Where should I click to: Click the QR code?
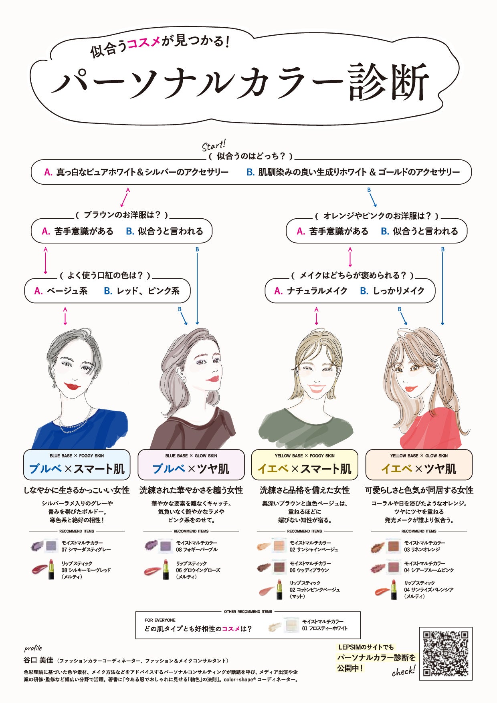(445, 653)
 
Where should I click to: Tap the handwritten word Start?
(214, 145)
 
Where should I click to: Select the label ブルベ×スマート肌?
(77, 469)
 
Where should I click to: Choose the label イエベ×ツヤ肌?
(418, 469)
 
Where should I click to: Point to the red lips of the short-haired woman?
(72, 386)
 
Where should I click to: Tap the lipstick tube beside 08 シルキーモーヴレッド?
(51, 569)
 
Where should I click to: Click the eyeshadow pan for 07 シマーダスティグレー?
(51, 545)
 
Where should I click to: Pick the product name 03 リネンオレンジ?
(422, 550)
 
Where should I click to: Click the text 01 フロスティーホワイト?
(325, 628)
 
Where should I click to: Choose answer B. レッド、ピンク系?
(141, 291)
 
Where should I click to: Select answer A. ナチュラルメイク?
(311, 291)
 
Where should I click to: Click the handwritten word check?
(403, 671)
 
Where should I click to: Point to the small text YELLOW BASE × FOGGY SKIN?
(305, 455)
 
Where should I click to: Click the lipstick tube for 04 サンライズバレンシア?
(394, 589)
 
